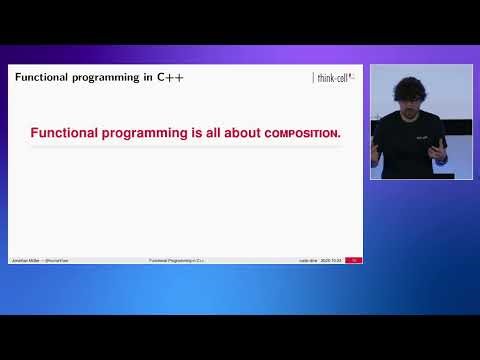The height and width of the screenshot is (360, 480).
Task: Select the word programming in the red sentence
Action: pyautogui.click(x=146, y=133)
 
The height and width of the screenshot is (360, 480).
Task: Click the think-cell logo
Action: pyautogui.click(x=335, y=78)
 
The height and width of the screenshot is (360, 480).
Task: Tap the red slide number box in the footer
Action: pyautogui.click(x=353, y=260)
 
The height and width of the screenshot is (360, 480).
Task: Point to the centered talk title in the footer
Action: pyautogui.click(x=177, y=260)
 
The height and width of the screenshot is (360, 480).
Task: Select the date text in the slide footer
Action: pyautogui.click(x=330, y=260)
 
